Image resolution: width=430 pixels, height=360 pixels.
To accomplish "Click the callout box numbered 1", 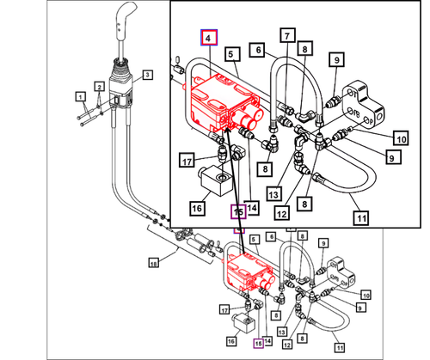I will [80, 95].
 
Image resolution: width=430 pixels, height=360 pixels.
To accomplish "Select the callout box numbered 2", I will [101, 87].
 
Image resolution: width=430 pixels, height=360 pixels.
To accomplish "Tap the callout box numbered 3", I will [147, 76].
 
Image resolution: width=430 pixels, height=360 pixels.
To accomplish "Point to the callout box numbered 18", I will [155, 262].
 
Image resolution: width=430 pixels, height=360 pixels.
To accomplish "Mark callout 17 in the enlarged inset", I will [187, 160].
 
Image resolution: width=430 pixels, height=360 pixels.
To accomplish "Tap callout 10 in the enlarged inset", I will [401, 137].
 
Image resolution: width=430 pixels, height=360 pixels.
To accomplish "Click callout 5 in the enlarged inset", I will [231, 54].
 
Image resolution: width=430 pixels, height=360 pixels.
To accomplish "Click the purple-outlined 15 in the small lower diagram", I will [257, 342].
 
